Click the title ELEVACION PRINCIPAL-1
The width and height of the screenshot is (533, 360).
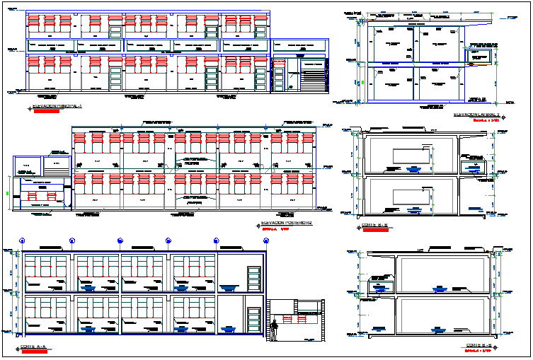tap(59, 107)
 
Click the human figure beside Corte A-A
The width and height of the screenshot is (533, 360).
tap(274, 330)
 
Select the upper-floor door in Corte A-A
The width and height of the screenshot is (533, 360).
tap(252, 277)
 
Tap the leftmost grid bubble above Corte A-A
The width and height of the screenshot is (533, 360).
tap(22, 240)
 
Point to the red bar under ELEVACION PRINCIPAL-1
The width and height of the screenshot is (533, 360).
tap(44, 111)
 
